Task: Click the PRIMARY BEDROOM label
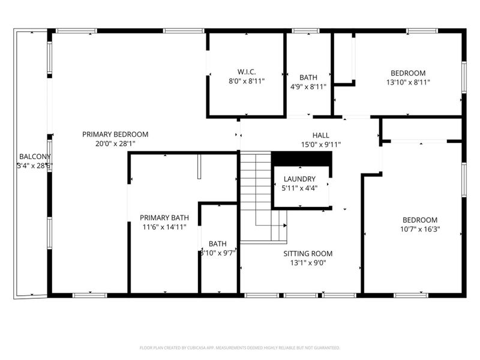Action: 115,134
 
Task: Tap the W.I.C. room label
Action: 247,72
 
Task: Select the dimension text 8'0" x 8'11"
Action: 247,81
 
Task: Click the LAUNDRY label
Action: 299,179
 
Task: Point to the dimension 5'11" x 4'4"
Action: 299,188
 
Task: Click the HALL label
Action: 320,136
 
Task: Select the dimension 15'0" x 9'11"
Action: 320,145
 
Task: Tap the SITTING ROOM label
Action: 308,254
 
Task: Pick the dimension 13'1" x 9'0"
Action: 308,263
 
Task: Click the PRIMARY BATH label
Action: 164,218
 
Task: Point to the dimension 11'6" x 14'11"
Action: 164,227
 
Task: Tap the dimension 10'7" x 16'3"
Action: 419,229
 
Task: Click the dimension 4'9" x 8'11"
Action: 308,86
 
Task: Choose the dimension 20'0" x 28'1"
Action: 115,143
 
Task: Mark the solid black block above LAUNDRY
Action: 302,159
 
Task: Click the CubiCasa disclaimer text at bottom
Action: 240,347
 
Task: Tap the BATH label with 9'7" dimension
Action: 217,244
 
